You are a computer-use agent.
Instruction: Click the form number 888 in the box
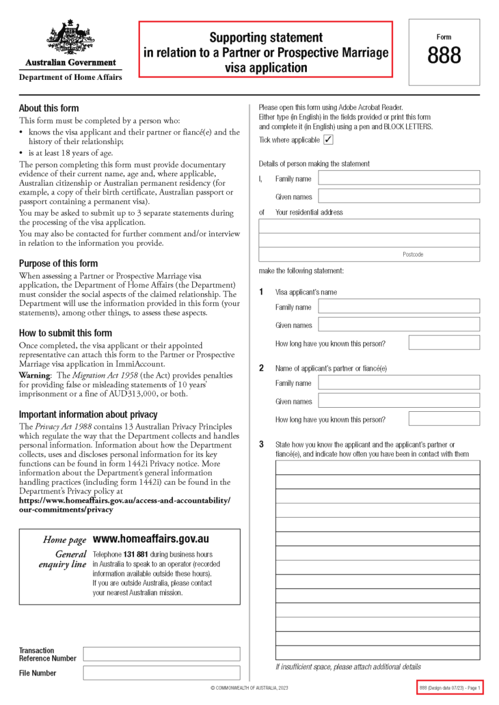(x=444, y=56)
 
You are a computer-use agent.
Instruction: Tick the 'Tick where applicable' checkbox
(x=328, y=140)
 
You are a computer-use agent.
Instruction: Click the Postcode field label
(x=413, y=254)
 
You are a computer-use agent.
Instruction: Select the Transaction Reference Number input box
(x=161, y=654)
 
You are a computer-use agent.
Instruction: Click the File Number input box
(x=161, y=673)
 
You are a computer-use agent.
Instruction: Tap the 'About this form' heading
(x=49, y=108)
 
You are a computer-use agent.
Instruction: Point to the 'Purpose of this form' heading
(x=58, y=263)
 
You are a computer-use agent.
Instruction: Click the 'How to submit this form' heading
(x=65, y=333)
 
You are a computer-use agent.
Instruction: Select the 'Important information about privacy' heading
(x=88, y=414)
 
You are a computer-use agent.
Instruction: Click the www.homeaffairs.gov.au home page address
(x=151, y=539)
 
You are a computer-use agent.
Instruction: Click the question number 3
(x=262, y=445)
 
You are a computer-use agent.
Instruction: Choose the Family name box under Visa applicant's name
(x=398, y=306)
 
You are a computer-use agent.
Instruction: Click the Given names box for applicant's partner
(x=398, y=401)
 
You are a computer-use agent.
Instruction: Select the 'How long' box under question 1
(x=444, y=343)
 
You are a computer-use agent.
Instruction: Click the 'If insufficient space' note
(x=348, y=667)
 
